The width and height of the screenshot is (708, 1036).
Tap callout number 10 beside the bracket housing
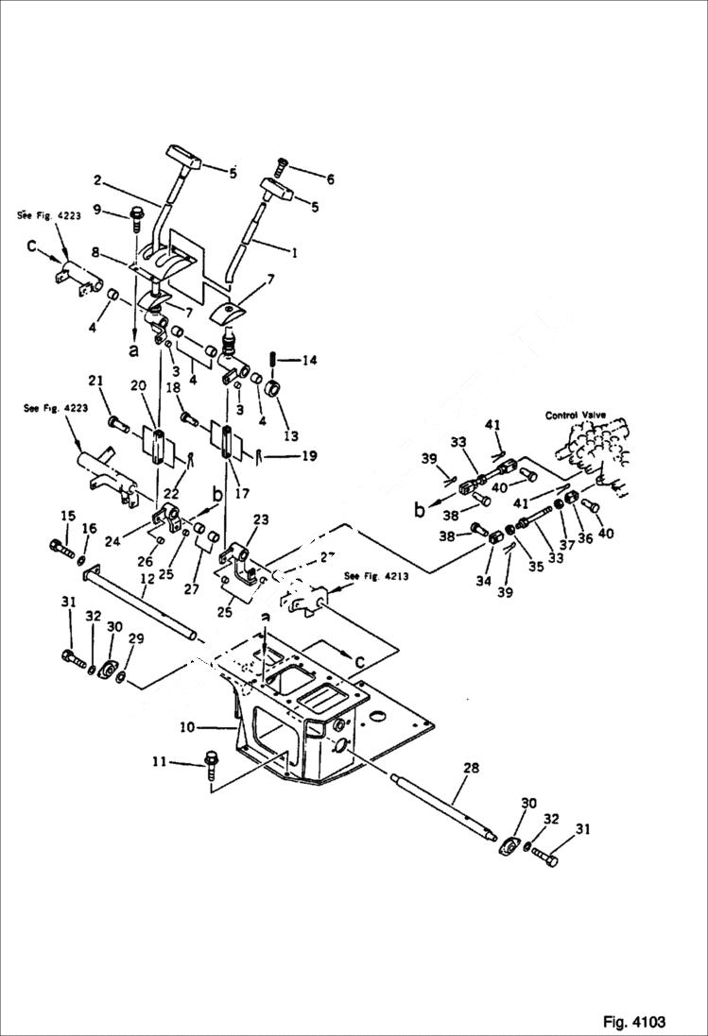(x=187, y=728)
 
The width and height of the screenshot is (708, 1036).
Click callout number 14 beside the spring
(x=310, y=360)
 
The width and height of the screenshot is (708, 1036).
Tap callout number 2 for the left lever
(x=96, y=179)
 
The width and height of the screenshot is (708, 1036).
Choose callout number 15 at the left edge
(x=68, y=516)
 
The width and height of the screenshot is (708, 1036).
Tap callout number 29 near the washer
(x=136, y=640)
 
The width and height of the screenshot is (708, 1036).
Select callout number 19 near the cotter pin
(x=309, y=456)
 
